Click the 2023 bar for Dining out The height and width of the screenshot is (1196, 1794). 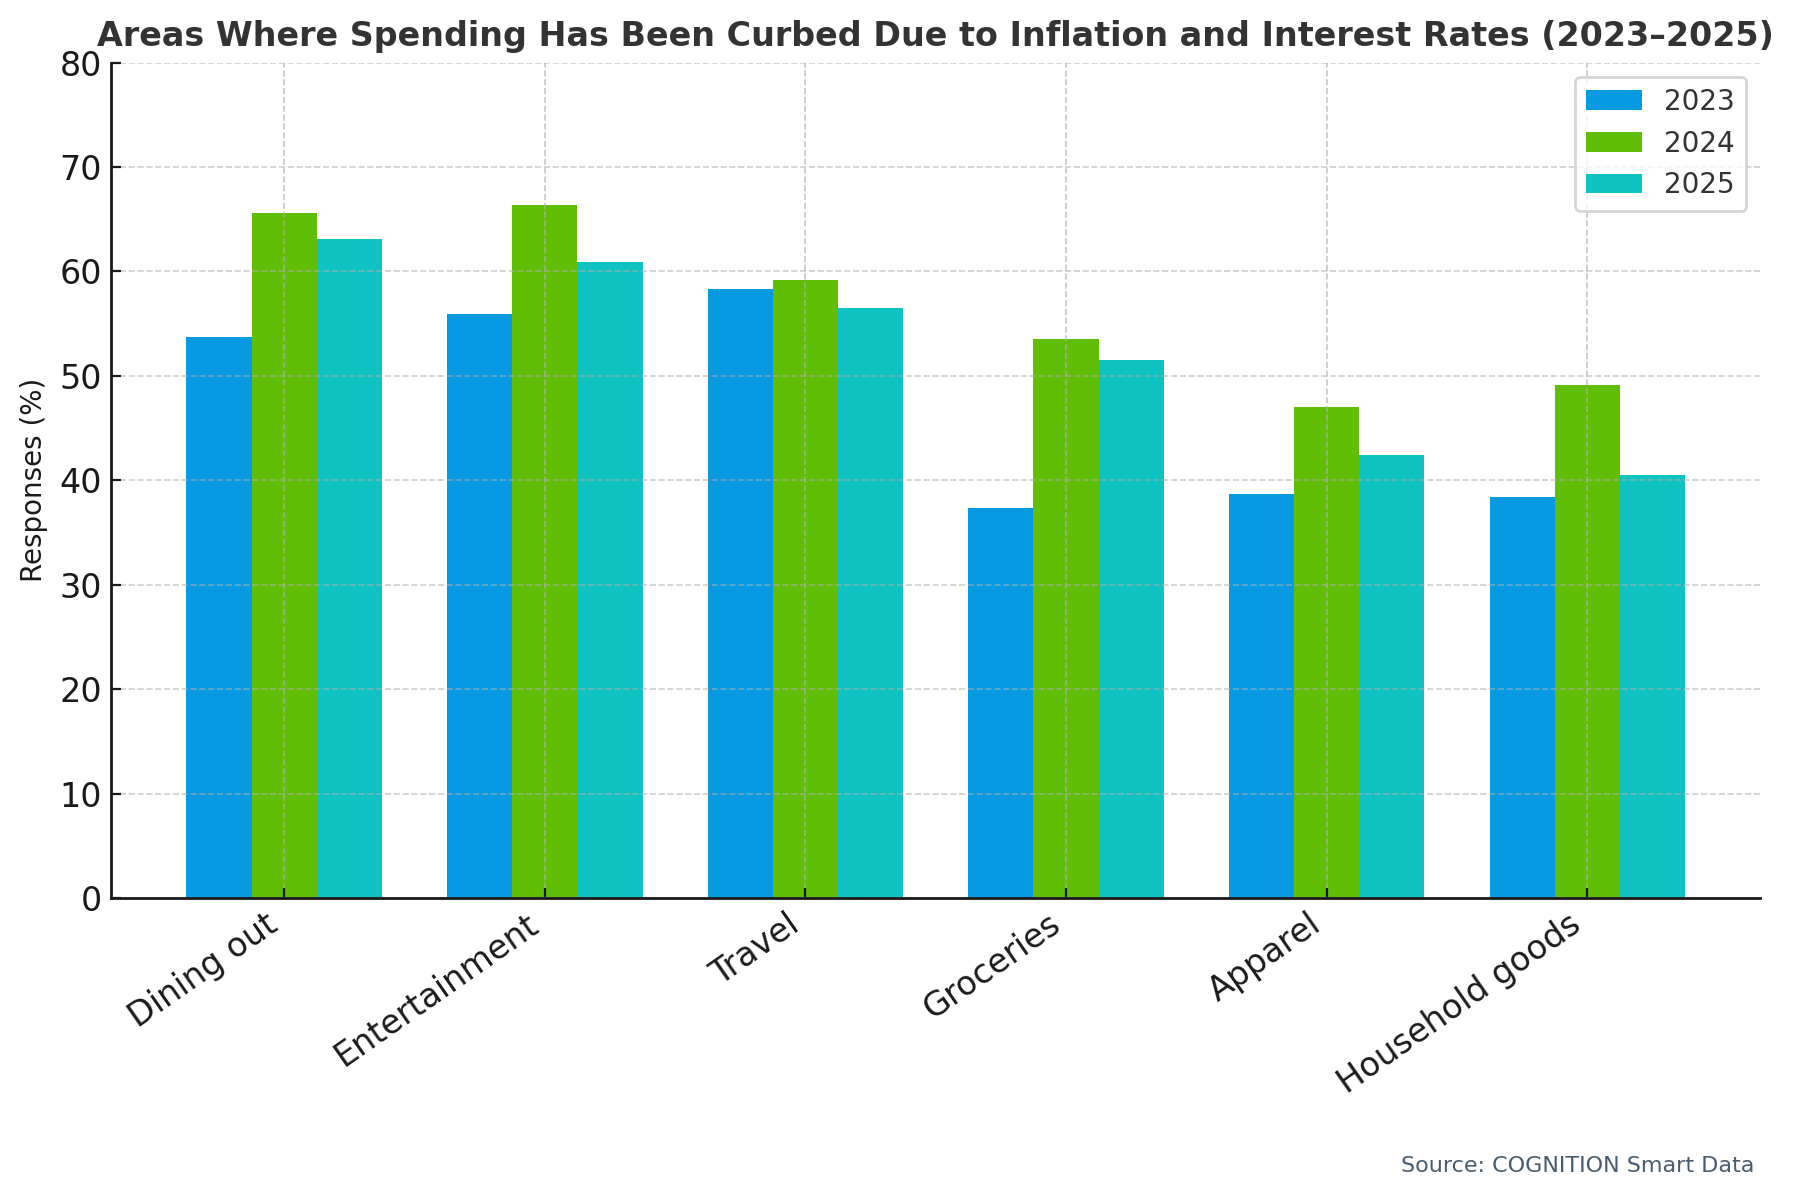point(218,617)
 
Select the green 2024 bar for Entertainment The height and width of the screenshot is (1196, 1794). point(544,551)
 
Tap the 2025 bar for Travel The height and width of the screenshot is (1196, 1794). point(870,603)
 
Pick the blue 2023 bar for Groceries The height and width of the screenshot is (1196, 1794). point(1000,703)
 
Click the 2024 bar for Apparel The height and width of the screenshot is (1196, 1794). point(1326,652)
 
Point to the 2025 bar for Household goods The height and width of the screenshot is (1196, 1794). point(1652,686)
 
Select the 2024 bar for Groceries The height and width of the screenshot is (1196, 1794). point(1065,618)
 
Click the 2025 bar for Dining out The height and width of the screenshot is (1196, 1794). point(349,568)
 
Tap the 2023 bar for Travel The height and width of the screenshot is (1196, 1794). point(740,593)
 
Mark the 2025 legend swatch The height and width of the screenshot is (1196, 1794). point(1614,184)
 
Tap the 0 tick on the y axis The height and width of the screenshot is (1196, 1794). point(91,899)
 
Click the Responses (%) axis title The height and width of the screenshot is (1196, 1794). point(32,480)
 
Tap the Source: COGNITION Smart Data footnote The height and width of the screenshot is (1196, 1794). point(1576,1165)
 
